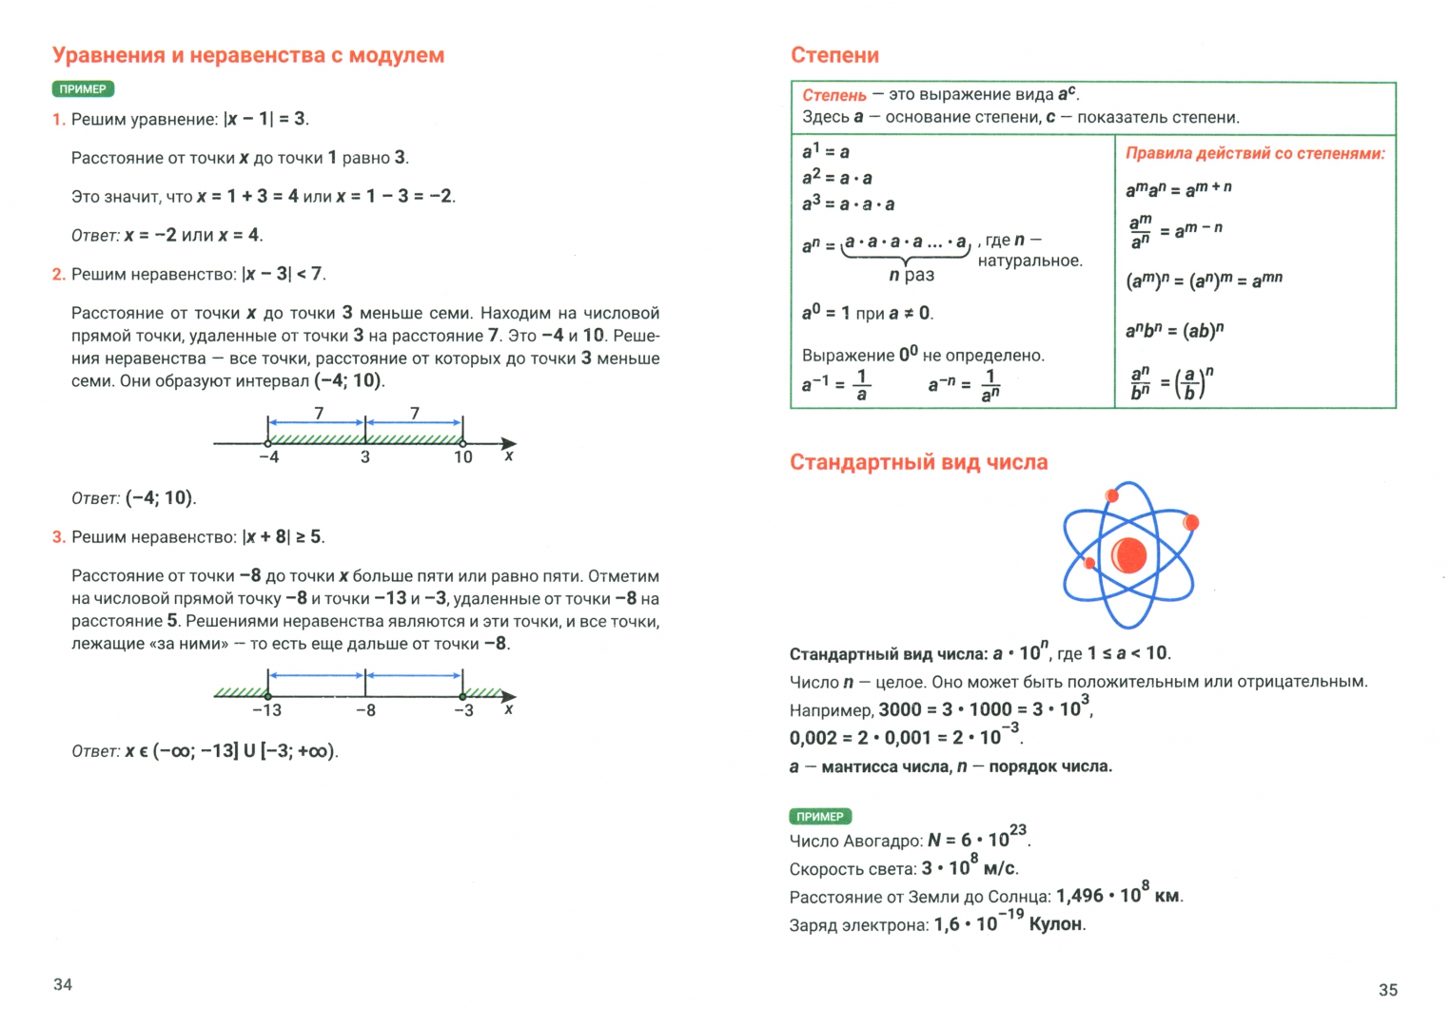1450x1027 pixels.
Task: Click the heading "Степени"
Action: [x=834, y=55]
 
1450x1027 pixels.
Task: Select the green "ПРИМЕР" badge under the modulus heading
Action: [x=83, y=89]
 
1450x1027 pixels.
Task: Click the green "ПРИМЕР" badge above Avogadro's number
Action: [x=820, y=817]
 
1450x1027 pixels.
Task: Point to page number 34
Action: [x=63, y=985]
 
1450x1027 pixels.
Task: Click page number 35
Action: [x=1388, y=990]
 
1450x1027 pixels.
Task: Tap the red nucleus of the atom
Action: [x=1128, y=554]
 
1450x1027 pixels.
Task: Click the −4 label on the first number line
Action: [x=268, y=457]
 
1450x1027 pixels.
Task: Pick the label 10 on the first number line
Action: [x=462, y=457]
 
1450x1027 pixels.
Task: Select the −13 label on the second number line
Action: [x=266, y=710]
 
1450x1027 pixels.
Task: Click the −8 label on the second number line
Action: [x=365, y=710]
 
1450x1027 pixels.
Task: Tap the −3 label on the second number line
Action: [x=463, y=710]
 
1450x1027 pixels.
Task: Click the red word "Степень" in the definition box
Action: [x=834, y=95]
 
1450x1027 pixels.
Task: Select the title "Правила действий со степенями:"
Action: [x=1255, y=153]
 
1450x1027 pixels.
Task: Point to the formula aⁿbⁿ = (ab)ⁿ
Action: [x=1174, y=331]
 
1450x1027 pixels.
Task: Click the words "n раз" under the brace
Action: [x=911, y=275]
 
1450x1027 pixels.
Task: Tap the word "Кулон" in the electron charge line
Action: [x=1056, y=924]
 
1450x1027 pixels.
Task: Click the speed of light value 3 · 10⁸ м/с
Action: [x=970, y=867]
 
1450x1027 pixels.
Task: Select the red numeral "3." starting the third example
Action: [x=59, y=537]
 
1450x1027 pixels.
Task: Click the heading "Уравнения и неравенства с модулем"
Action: [x=248, y=55]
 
